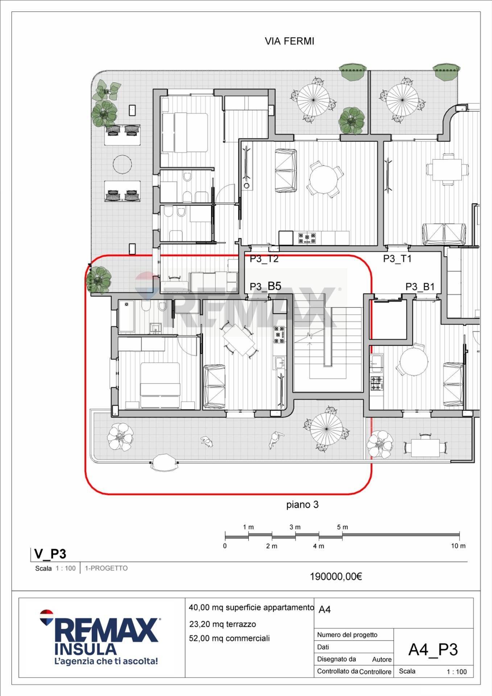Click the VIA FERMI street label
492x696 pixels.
pos(289,41)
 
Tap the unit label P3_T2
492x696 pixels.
pos(264,258)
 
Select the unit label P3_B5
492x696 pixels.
pos(265,286)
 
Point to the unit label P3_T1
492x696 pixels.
pos(397,258)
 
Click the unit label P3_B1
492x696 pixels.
pos(420,287)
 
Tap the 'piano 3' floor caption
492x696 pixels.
pos(302,505)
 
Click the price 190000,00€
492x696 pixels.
pos(336,576)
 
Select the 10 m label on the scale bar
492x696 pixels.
pos(458,546)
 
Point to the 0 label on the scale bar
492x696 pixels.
pos(225,546)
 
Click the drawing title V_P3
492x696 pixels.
pos(50,554)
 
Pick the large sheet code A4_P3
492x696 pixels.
pos(433,650)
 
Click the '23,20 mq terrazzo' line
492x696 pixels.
pos(223,624)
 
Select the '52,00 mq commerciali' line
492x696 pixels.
pos(229,638)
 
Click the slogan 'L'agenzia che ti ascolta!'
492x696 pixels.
pos(106,661)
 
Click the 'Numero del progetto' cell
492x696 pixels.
pos(347,635)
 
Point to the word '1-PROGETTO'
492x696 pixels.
pos(106,568)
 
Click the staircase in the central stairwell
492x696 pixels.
pos(328,349)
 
